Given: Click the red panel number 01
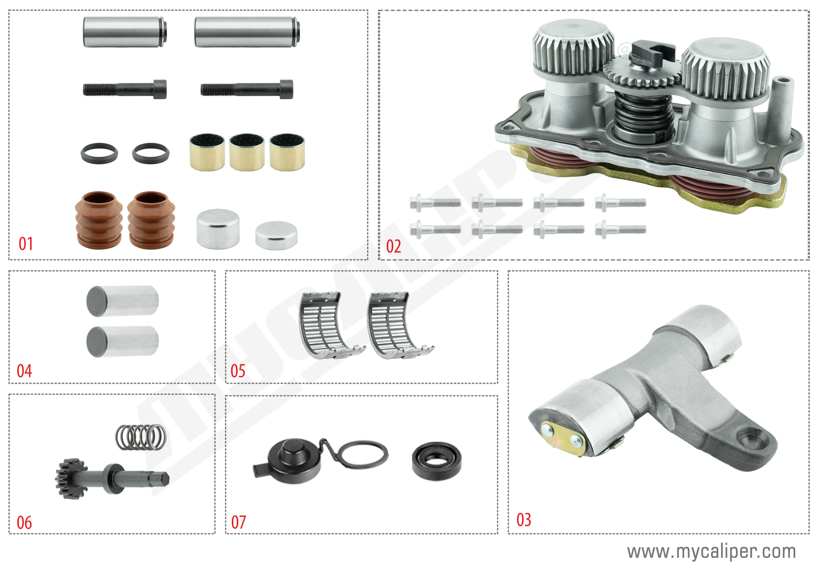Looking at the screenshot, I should coord(25,244).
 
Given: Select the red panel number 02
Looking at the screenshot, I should coord(393,247).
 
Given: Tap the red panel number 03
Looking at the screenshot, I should coord(524,520).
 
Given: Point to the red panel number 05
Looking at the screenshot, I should coord(238,371).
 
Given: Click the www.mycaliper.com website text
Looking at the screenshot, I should coord(711,552).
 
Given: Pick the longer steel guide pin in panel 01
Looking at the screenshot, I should coord(247,32).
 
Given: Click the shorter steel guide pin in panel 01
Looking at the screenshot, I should coord(124,32).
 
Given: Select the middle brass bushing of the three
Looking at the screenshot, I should coord(247,152).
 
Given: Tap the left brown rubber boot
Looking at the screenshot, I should coord(99,220).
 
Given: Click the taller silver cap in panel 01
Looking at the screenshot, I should coord(218,228).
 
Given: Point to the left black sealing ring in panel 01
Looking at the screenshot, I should coord(99,153).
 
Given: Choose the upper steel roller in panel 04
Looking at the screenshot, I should coord(122,301).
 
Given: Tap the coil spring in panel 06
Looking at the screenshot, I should coord(141,437).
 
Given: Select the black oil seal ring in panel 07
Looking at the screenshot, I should coord(437,460).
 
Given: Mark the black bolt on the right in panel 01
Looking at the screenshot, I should coord(247,90).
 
